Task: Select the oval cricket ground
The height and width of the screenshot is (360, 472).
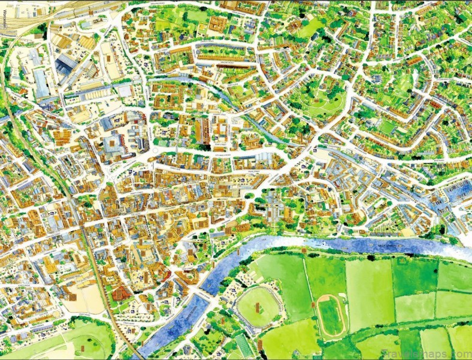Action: pos(258,306)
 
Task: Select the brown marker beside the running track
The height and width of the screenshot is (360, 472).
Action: pos(314,305)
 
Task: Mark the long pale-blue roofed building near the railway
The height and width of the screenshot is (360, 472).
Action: pos(41,84)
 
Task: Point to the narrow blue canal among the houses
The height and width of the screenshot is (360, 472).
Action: pos(180,83)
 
